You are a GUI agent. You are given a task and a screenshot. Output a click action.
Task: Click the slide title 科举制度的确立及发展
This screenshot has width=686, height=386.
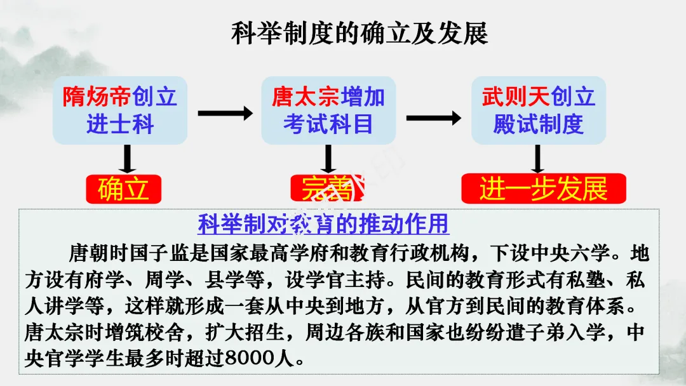point(359,34)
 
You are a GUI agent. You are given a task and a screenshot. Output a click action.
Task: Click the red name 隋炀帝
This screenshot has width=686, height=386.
point(97,96)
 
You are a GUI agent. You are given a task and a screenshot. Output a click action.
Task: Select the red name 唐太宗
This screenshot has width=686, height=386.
point(306,96)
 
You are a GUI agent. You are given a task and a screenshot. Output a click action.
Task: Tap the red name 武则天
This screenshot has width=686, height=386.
point(516,96)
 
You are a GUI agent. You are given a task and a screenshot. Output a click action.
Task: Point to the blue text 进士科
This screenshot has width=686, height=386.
point(120,123)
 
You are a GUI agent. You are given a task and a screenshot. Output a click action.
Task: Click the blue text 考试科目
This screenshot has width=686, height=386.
point(328,123)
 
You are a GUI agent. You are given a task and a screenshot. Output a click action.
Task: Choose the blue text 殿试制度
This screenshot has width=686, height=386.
point(538,123)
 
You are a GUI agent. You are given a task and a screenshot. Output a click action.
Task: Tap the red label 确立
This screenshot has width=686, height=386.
point(123,189)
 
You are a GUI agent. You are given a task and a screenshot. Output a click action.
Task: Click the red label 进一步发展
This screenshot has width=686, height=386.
point(543,189)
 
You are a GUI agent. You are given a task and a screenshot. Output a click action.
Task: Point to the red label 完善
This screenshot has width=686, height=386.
point(327,189)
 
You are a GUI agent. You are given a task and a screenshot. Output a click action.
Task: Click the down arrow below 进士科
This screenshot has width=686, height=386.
point(128,159)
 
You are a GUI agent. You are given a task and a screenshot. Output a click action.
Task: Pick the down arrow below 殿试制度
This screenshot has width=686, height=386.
point(538,159)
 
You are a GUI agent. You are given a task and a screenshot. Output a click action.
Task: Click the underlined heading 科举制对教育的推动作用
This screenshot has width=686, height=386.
point(323,223)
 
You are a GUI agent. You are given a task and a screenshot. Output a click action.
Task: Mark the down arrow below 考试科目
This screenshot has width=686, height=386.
point(328,159)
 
